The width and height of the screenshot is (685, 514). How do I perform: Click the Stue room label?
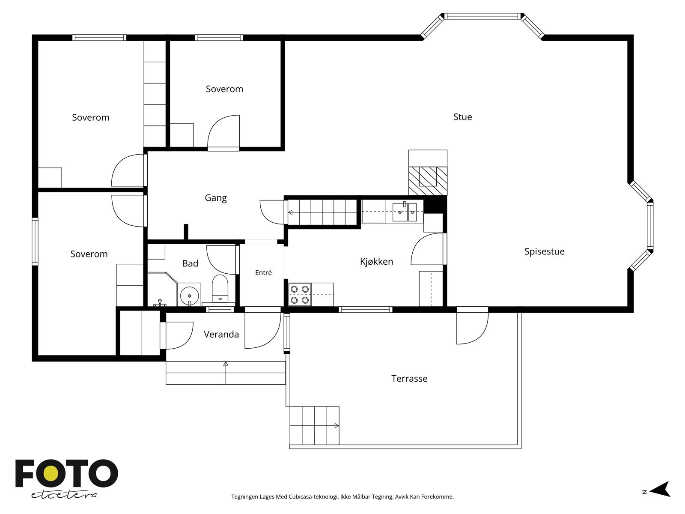pyautogui.click(x=462, y=117)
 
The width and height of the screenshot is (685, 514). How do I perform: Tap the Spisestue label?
pyautogui.click(x=544, y=251)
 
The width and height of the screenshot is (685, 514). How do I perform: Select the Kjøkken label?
pyautogui.click(x=376, y=262)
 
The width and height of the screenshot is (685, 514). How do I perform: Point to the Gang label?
pyautogui.click(x=216, y=198)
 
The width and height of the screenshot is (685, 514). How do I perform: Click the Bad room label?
pyautogui.click(x=190, y=263)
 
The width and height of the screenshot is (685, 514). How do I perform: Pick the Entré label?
pyautogui.click(x=263, y=273)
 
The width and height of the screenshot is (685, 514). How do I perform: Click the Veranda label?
pyautogui.click(x=221, y=335)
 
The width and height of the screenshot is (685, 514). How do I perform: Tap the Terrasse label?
pyautogui.click(x=409, y=379)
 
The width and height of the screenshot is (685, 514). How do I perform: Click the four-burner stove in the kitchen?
pyautogui.click(x=300, y=295)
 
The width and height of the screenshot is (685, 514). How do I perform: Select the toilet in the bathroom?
pyautogui.click(x=220, y=289)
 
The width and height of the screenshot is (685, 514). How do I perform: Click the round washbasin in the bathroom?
pyautogui.click(x=189, y=295)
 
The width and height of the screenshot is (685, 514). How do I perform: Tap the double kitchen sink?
pyautogui.click(x=405, y=212)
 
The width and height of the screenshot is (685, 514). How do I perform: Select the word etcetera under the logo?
pyautogui.click(x=64, y=496)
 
